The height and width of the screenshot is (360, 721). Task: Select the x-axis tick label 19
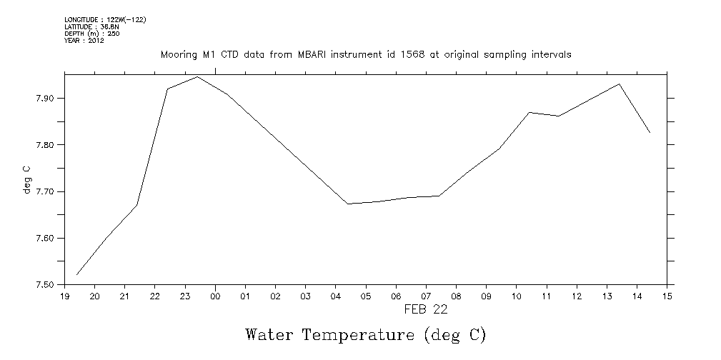point(64,296)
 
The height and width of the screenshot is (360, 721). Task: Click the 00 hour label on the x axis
point(215,296)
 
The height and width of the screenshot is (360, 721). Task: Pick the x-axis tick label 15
point(667,296)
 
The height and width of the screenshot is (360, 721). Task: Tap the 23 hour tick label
point(185,296)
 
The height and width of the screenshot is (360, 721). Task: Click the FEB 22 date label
point(426,309)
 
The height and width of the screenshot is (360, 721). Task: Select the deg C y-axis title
point(26,180)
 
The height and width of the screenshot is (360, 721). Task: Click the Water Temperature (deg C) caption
point(365,334)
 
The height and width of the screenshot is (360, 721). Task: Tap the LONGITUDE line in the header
point(105,19)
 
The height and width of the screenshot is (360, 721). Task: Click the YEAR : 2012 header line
point(84,41)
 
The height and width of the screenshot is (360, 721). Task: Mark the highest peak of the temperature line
point(197,76)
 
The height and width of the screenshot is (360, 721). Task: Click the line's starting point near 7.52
point(76,274)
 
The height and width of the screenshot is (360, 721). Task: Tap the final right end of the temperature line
point(650,133)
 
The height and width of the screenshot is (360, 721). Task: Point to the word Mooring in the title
point(179,55)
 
